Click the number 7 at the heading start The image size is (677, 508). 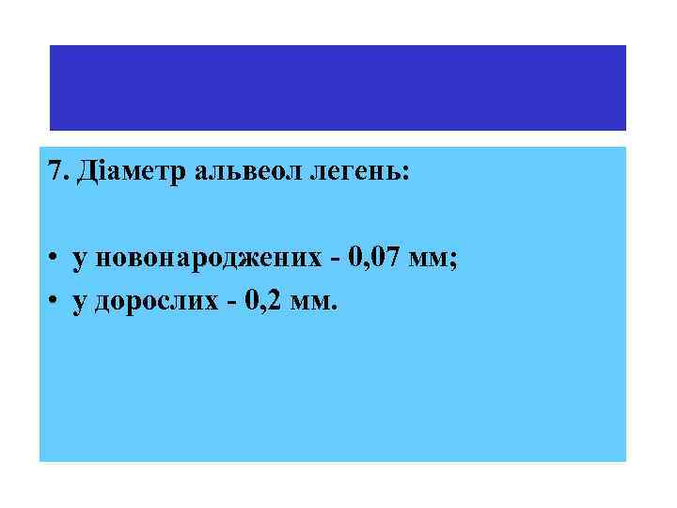(x=53, y=173)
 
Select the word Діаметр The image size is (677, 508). (x=115, y=173)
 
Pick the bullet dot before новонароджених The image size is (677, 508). (x=56, y=260)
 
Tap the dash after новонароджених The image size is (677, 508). (x=332, y=262)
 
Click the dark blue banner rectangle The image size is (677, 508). (x=338, y=87)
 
